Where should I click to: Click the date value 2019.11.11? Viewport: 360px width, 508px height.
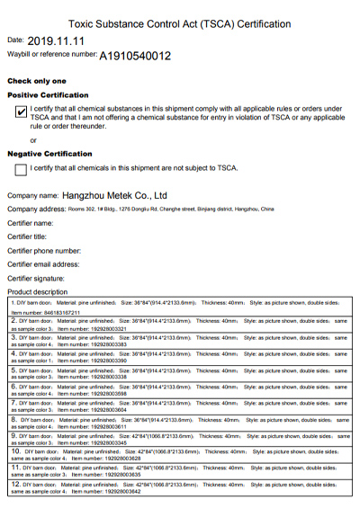coord(56,40)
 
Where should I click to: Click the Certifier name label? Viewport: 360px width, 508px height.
coord(31,222)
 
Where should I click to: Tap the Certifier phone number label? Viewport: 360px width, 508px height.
coord(44,251)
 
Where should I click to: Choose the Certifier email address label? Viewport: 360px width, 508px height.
coord(43,264)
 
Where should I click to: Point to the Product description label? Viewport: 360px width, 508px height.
coord(37,292)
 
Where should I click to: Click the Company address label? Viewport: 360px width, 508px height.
coord(37,209)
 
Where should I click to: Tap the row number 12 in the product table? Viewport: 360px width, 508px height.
coord(15,484)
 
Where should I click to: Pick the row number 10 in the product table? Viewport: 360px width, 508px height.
coord(15,450)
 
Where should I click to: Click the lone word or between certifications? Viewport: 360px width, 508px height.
coord(33,139)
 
